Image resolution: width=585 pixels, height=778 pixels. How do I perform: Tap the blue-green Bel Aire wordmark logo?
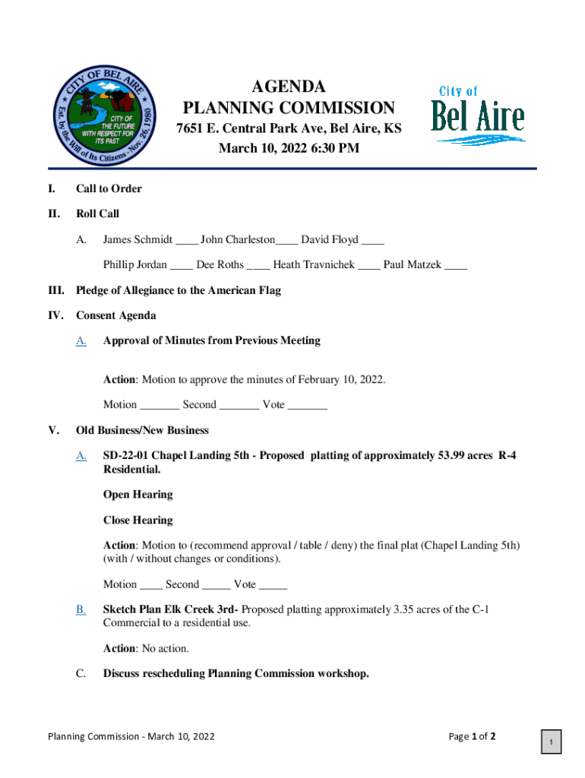pyautogui.click(x=478, y=115)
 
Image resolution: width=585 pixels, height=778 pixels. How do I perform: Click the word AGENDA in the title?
pyautogui.click(x=289, y=86)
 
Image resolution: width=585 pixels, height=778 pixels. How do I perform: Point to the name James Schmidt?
pyautogui.click(x=138, y=240)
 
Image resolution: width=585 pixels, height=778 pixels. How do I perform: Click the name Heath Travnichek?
pyautogui.click(x=314, y=265)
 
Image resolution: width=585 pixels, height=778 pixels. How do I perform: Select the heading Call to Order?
pyautogui.click(x=109, y=188)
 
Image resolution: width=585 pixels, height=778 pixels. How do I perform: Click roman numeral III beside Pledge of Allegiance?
pyautogui.click(x=57, y=290)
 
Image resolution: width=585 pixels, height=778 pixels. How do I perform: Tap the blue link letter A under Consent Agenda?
pyautogui.click(x=81, y=340)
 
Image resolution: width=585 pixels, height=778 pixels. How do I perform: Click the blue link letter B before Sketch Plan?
pyautogui.click(x=81, y=609)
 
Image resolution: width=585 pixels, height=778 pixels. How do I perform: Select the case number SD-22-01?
pyautogui.click(x=125, y=456)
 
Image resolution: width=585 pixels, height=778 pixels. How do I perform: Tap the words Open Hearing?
pyautogui.click(x=138, y=495)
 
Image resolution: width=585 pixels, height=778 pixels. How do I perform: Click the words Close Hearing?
pyautogui.click(x=138, y=520)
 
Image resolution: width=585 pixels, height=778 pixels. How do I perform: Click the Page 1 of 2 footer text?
pyautogui.click(x=473, y=736)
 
